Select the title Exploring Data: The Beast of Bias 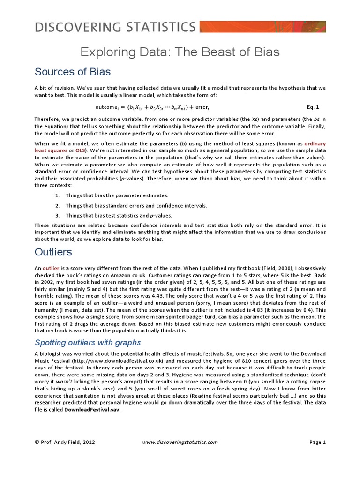click(180, 52)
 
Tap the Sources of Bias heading click(73, 72)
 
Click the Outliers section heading click(53, 252)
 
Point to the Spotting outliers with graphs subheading click(88, 343)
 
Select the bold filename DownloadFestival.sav click(92, 409)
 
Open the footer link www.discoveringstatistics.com click(180, 442)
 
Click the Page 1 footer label click(317, 442)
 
